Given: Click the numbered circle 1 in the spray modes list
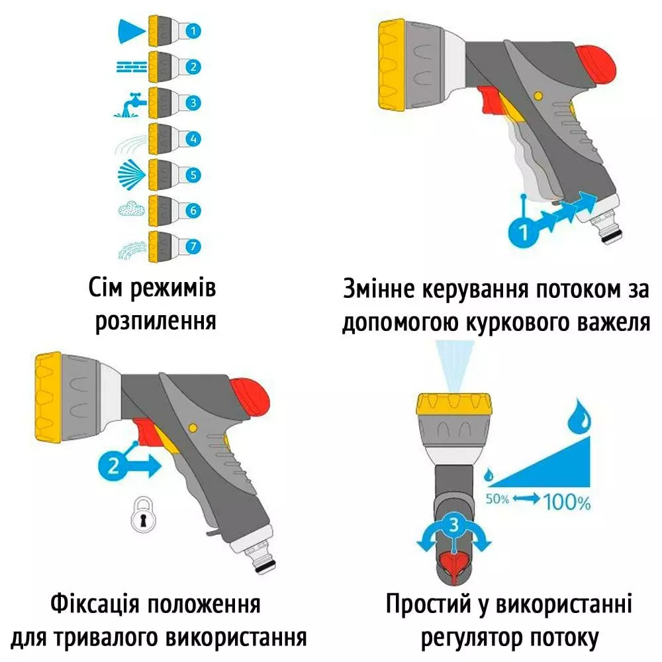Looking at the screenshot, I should (192, 30).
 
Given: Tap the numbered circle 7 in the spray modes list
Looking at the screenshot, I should (192, 247).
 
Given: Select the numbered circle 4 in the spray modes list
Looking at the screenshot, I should (192, 139).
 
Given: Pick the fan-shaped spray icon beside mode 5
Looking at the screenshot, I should (128, 175).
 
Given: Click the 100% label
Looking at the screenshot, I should (567, 502).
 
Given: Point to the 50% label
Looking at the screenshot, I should (497, 498).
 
